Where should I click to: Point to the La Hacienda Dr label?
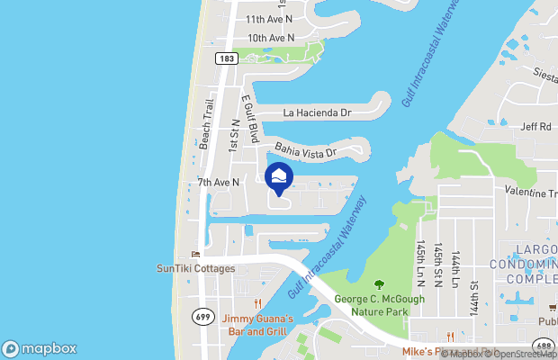(x=316, y=113)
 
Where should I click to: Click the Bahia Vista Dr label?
(x=305, y=149)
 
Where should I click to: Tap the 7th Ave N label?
(x=219, y=182)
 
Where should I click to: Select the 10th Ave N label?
(x=271, y=38)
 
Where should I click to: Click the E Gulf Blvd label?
(x=250, y=121)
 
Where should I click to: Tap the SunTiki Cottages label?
(x=195, y=268)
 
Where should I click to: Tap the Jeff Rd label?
(x=535, y=127)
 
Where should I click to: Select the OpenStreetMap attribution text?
(x=522, y=355)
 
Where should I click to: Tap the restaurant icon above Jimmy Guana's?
(x=258, y=302)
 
